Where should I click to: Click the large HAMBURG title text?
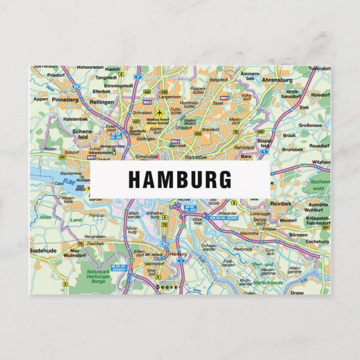pyautogui.click(x=180, y=179)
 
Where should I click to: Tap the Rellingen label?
pyautogui.click(x=101, y=102)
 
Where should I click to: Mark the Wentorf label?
pyautogui.click(x=287, y=221)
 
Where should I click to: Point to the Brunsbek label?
pyautogui.click(x=292, y=150)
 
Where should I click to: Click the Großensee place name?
pyautogui.click(x=310, y=126)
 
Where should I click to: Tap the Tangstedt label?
pyautogui.click(x=107, y=78)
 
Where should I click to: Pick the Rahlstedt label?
pyautogui.click(x=244, y=148)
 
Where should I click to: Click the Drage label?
pyautogui.click(x=297, y=292)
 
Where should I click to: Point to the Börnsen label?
pyautogui.click(x=299, y=235)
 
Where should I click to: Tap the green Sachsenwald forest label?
pyautogui.click(x=320, y=185)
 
